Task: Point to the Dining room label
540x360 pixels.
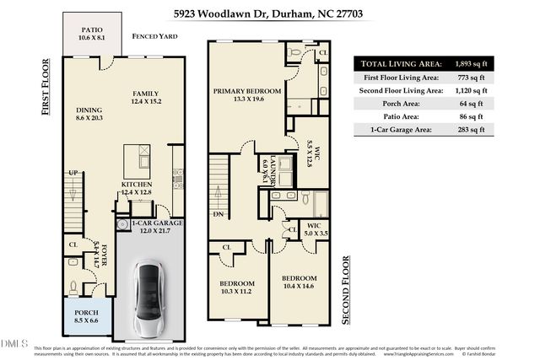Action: [89, 114]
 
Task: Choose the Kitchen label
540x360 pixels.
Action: [136, 188]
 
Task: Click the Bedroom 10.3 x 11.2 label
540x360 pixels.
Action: [236, 287]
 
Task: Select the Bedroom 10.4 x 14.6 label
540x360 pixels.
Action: [299, 282]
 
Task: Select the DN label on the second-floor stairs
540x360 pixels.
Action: [218, 214]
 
